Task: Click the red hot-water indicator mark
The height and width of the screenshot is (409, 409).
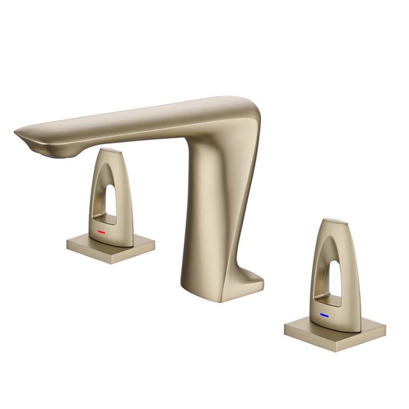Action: (102, 233)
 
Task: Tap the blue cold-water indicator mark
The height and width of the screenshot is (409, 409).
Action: (324, 315)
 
